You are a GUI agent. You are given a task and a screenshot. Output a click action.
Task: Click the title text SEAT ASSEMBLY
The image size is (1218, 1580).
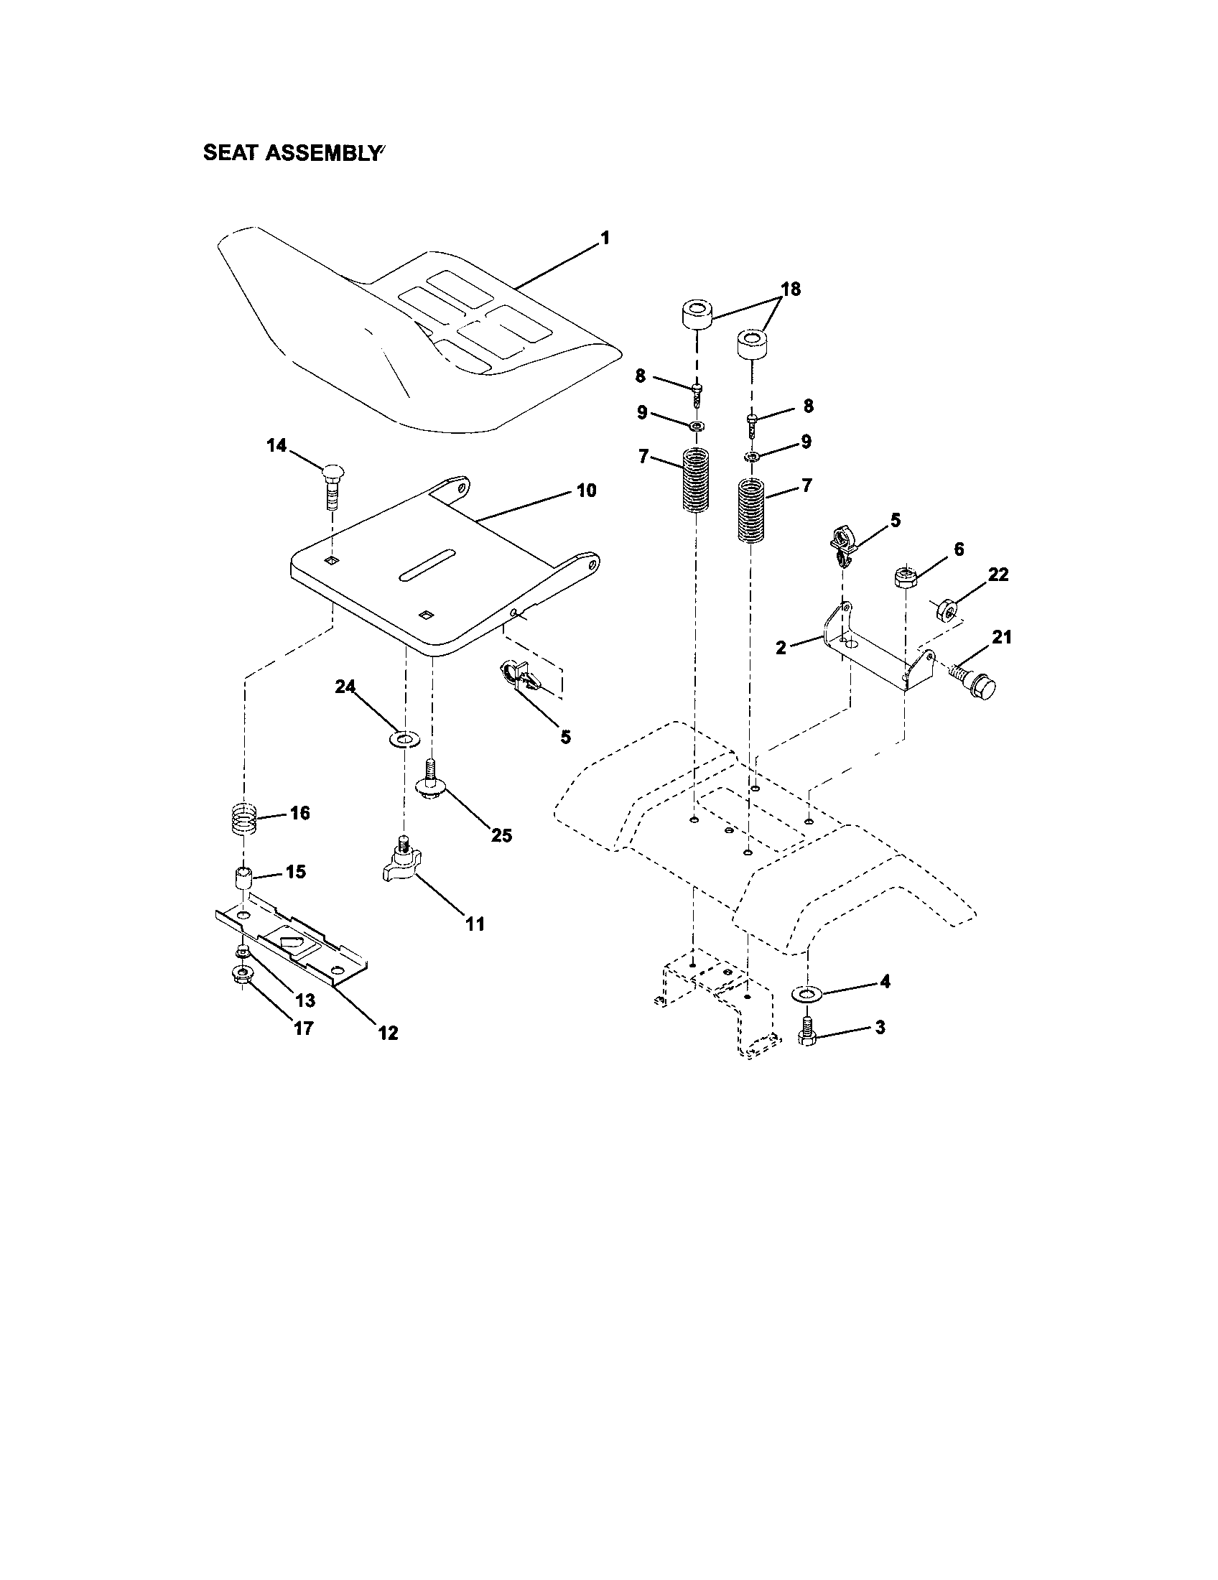(x=292, y=154)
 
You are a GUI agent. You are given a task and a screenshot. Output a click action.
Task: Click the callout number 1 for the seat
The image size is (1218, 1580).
(x=605, y=238)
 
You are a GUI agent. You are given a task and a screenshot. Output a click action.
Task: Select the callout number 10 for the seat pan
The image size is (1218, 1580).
(x=586, y=491)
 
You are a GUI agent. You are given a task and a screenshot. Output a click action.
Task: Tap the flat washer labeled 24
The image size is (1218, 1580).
(x=405, y=739)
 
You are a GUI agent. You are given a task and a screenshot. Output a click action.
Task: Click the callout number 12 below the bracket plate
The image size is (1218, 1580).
(x=389, y=1033)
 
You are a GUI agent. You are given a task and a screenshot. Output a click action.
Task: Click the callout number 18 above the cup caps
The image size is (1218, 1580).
(x=791, y=289)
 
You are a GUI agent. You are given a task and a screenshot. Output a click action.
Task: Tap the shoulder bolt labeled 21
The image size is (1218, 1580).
(x=975, y=679)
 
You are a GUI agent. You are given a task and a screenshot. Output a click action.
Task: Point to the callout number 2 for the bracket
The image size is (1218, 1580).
(x=781, y=648)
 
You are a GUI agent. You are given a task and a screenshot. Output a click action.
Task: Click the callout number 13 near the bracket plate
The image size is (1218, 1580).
(x=305, y=1000)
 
